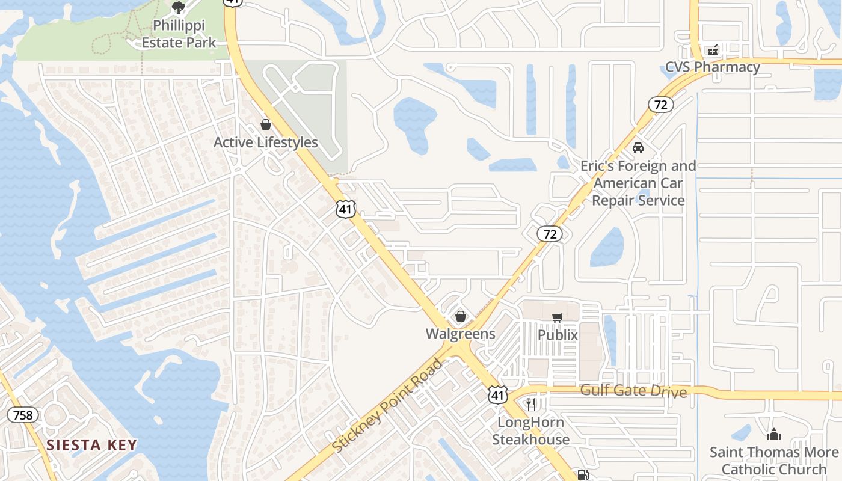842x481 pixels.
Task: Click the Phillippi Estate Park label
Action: coord(179,34)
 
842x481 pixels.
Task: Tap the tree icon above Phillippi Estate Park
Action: coord(178,8)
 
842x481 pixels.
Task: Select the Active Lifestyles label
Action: coord(266,142)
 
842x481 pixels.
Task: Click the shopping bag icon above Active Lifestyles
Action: coord(266,124)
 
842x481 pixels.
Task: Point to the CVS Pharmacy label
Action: coord(713,67)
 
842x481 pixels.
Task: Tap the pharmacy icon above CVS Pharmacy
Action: coord(713,49)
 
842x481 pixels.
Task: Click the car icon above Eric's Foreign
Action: coord(638,148)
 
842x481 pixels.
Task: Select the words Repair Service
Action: coord(638,200)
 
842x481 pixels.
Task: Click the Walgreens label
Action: coord(461,334)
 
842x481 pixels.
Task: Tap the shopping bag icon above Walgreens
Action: coord(461,316)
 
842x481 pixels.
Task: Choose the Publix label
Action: coord(558,335)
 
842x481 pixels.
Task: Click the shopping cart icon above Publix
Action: coord(558,317)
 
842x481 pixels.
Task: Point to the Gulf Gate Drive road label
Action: coord(633,391)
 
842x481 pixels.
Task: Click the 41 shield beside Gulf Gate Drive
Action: coord(497,395)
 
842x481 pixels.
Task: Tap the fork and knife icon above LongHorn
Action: coord(530,404)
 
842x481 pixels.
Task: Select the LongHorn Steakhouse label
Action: coord(530,430)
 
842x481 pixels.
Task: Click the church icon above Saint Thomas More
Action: coord(774,434)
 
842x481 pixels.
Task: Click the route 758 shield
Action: coord(23,415)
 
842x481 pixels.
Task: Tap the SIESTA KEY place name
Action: coord(92,446)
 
